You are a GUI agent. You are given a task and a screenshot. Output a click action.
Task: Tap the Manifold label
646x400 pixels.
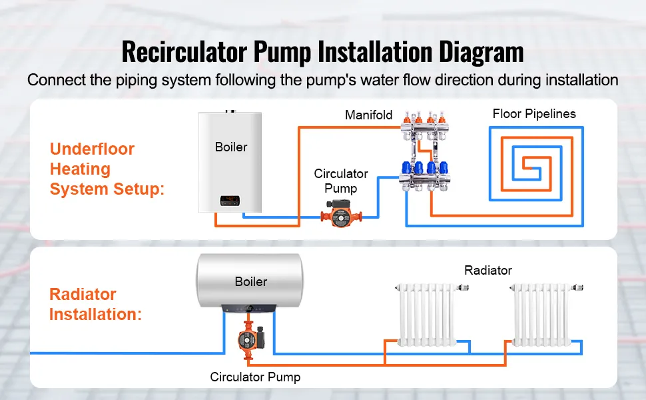368,115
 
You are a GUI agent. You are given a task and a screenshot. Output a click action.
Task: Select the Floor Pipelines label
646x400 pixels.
534,113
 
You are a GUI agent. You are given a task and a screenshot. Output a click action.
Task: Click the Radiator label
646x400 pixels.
488,270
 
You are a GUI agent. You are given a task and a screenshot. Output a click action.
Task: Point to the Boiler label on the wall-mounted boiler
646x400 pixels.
231,147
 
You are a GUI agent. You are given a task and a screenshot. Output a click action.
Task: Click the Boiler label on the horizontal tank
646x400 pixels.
250,281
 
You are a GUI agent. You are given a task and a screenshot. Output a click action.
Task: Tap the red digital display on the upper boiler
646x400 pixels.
230,198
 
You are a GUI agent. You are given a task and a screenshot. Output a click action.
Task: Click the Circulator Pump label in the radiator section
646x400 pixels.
255,377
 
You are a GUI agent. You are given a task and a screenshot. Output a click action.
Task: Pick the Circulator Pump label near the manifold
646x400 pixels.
340,181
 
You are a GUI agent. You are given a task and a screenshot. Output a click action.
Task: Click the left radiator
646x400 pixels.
426,313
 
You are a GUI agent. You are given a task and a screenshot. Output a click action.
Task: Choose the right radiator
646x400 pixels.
541,313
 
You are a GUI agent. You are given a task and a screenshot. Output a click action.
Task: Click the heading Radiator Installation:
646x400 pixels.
95,304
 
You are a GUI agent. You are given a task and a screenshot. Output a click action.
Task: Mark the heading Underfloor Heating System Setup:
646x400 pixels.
107,169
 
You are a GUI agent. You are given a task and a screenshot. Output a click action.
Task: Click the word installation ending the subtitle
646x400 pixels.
582,80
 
